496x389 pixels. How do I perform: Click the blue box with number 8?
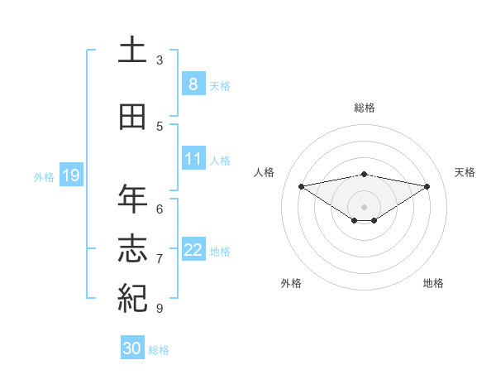tap(193, 84)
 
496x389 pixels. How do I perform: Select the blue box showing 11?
tap(193, 159)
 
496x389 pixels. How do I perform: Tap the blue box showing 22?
tap(193, 250)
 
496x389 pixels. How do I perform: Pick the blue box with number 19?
tap(70, 175)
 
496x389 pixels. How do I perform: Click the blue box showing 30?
tap(131, 348)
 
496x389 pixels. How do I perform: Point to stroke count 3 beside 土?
tap(160, 60)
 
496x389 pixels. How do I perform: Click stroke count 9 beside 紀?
tap(160, 309)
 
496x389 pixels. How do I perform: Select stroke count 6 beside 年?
tap(160, 209)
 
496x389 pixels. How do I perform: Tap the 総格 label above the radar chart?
tap(364, 108)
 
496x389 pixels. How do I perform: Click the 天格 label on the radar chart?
tap(465, 172)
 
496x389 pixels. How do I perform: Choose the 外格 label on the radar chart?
tap(291, 283)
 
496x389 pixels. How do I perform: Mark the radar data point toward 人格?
tap(301, 185)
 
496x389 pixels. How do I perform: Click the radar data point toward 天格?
tap(427, 185)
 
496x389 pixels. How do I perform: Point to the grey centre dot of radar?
tap(364, 206)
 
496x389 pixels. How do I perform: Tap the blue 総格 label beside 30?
tap(159, 350)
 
